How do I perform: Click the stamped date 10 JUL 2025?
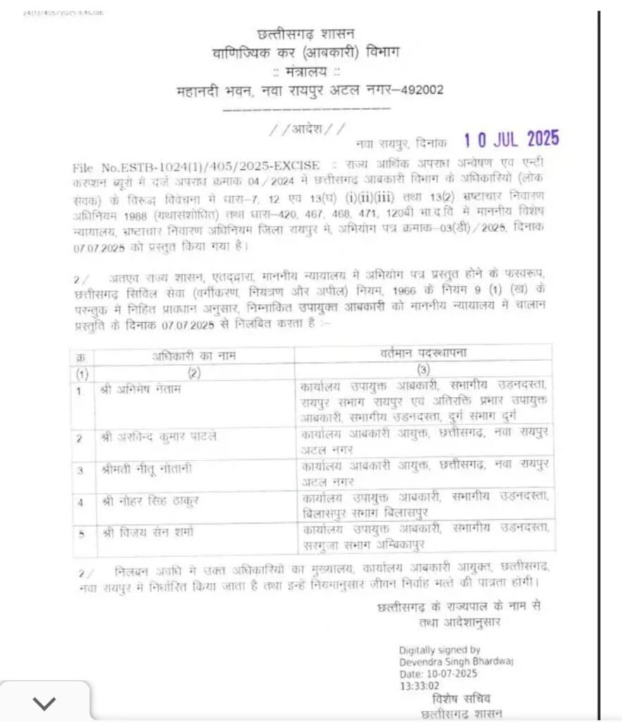(511, 139)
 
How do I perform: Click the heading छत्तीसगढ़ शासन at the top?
(306, 33)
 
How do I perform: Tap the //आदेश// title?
(307, 130)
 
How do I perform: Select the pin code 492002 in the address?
(419, 91)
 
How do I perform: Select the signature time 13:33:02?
(419, 684)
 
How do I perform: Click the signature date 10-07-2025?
(448, 673)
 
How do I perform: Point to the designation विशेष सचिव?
(459, 699)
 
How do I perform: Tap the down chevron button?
(44, 702)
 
